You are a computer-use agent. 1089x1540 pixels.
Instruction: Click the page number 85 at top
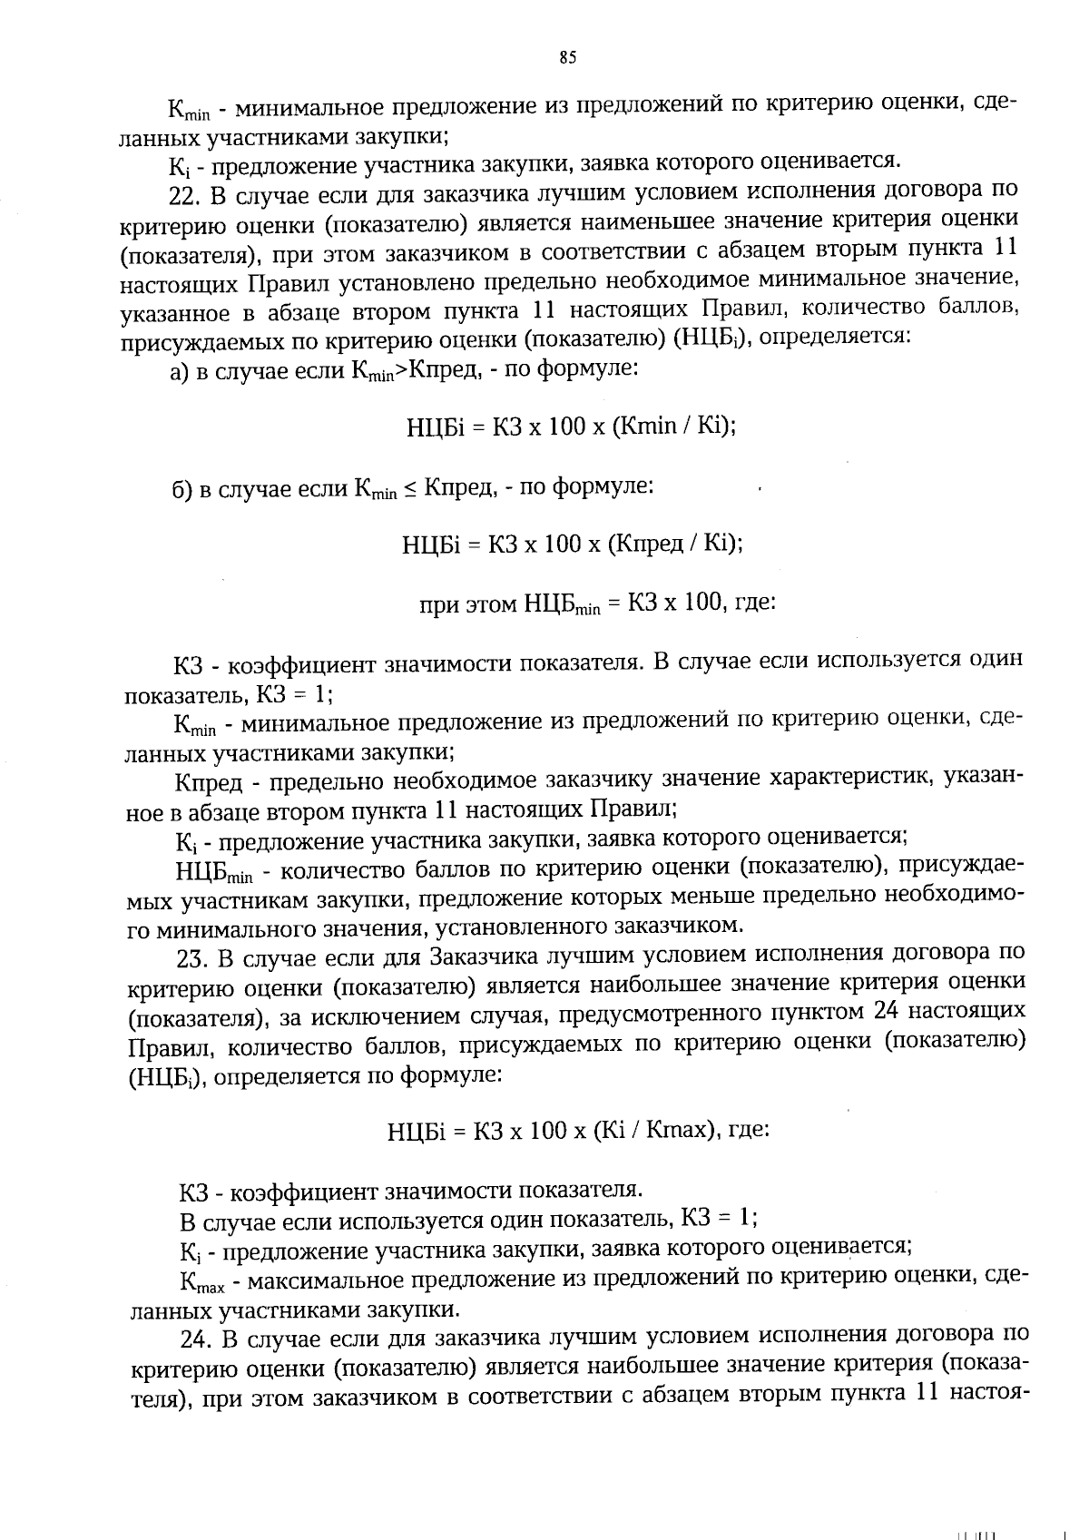(x=566, y=59)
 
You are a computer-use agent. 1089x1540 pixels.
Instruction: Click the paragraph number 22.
(x=186, y=194)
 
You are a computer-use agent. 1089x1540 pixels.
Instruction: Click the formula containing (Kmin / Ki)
(x=571, y=426)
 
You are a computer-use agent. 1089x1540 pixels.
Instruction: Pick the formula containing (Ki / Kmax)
(x=578, y=1132)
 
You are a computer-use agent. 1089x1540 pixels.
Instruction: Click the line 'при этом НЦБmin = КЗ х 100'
(x=596, y=603)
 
